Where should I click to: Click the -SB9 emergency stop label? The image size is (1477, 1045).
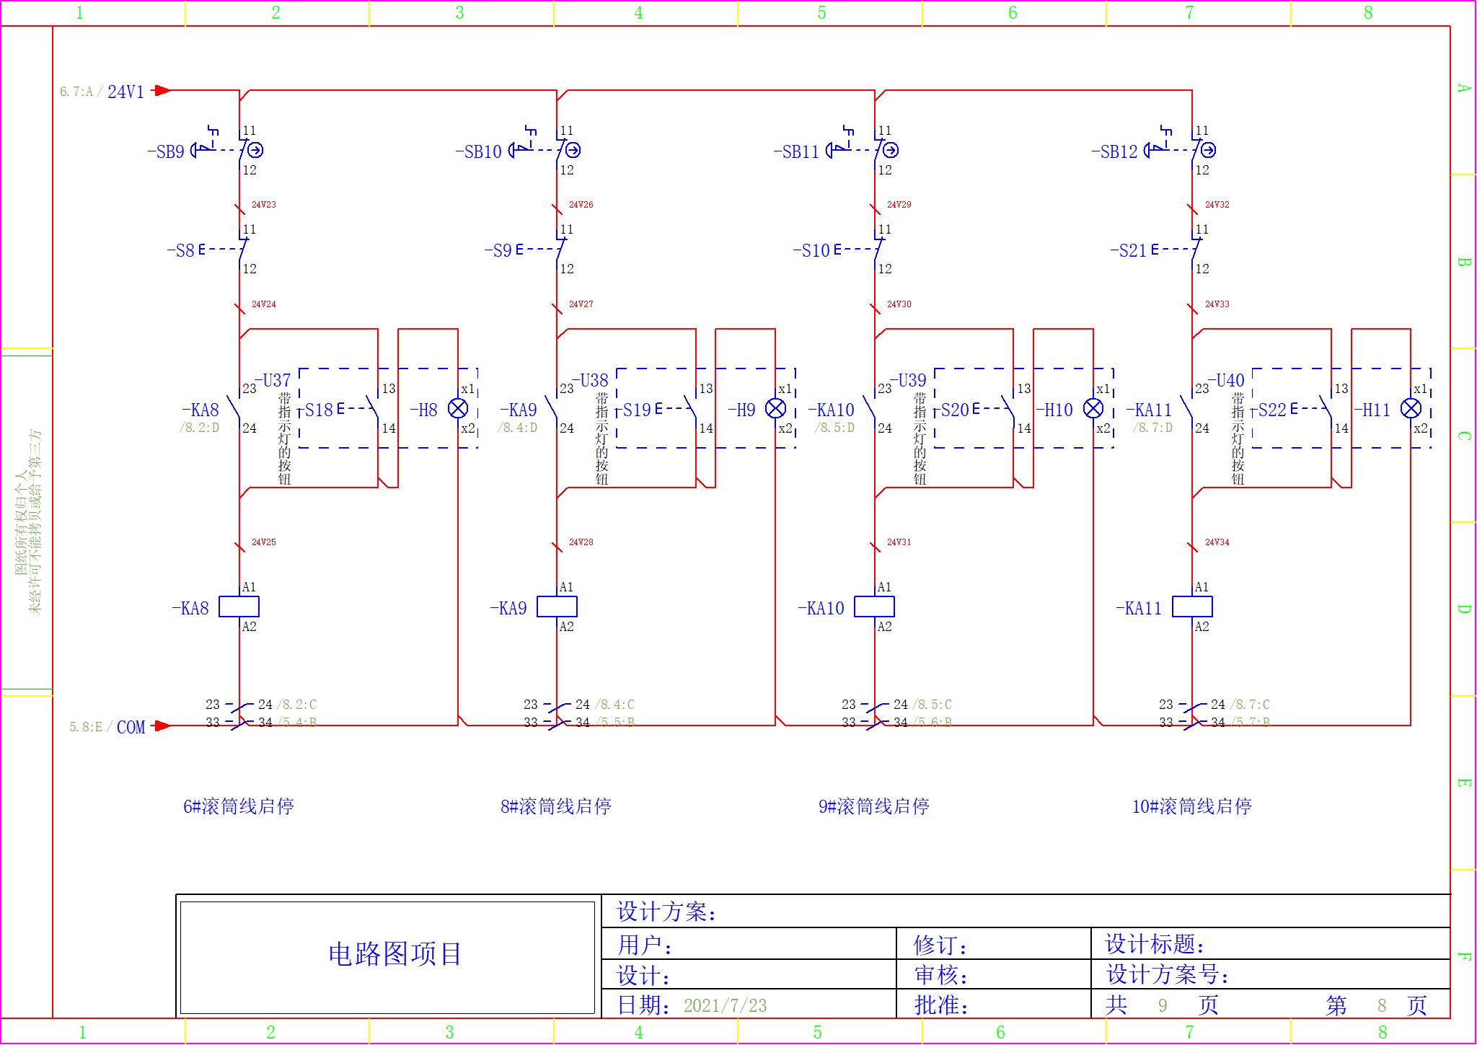click(x=166, y=152)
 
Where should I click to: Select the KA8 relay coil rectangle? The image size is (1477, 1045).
click(x=239, y=607)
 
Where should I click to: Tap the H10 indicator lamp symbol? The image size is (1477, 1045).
click(x=1093, y=409)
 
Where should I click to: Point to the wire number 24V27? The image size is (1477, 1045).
click(x=581, y=304)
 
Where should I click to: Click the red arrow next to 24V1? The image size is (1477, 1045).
click(x=162, y=91)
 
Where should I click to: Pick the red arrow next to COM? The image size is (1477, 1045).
click(x=162, y=726)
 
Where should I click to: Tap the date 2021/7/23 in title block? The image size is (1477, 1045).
click(x=725, y=1005)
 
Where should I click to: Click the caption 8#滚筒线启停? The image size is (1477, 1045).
click(x=556, y=806)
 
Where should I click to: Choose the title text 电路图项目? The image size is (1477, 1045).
click(x=395, y=954)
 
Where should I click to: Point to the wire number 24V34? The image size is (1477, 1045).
click(x=1217, y=542)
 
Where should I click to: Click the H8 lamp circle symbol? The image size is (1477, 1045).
click(x=458, y=409)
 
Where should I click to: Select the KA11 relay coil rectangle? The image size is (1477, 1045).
click(x=1192, y=607)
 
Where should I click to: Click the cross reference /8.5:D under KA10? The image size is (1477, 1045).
click(x=834, y=428)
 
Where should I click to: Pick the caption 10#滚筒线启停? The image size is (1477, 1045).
click(x=1191, y=806)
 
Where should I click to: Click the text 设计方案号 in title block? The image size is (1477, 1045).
click(x=1167, y=975)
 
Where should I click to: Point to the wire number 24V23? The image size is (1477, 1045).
click(x=263, y=205)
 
